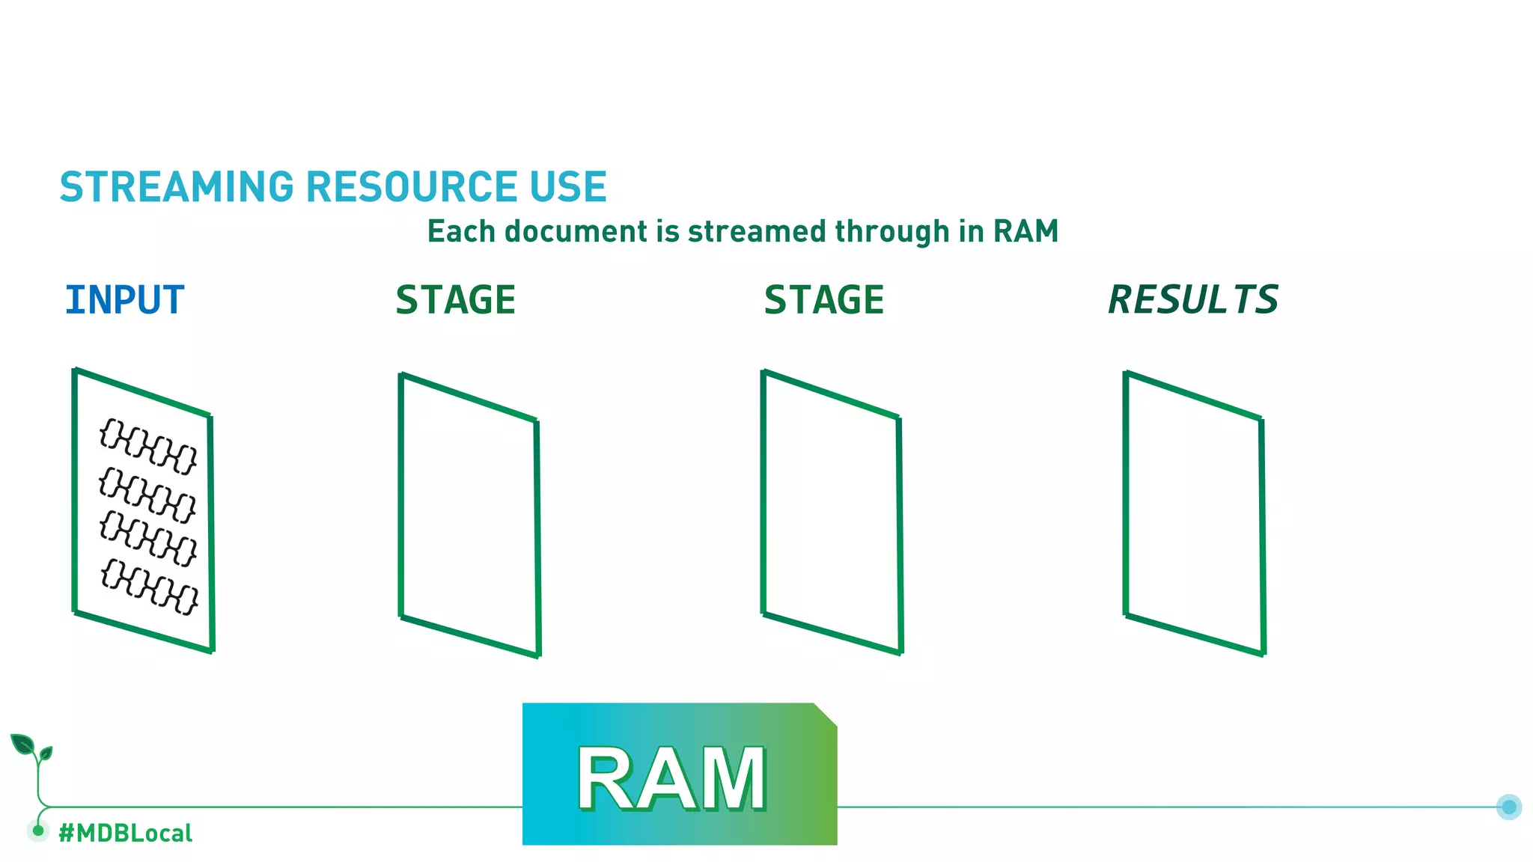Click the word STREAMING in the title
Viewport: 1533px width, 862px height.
tap(177, 187)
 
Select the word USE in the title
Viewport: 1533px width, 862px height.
tap(567, 187)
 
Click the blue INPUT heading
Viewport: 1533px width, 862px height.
tap(124, 300)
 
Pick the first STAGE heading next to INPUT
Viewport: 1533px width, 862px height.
tap(455, 300)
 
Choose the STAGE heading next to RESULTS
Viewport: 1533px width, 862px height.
tap(823, 300)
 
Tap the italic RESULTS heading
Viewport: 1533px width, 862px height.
tap(1193, 300)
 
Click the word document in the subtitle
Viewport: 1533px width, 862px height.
tap(576, 231)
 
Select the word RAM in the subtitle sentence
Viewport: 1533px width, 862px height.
tap(1025, 231)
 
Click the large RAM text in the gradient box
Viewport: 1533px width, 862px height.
tap(671, 778)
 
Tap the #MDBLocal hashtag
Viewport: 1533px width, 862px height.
tap(125, 833)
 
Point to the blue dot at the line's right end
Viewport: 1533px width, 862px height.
tap(1508, 807)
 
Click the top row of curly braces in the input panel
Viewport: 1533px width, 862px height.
tap(148, 446)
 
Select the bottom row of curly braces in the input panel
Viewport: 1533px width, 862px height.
tap(150, 587)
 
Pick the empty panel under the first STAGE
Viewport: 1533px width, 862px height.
tap(469, 515)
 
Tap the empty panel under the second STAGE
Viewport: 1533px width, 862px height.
tap(832, 513)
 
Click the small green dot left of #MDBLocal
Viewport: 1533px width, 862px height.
tap(38, 830)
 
